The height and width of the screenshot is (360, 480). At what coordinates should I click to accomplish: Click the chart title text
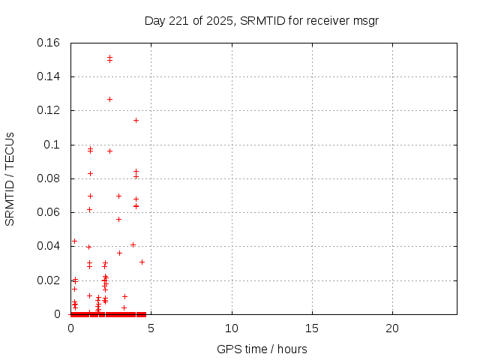point(261,20)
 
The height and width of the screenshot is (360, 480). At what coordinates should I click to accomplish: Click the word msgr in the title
point(364,20)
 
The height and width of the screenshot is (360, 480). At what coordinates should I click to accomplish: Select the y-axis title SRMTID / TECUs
point(10,178)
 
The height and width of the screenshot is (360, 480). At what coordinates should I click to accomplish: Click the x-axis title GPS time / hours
point(261,349)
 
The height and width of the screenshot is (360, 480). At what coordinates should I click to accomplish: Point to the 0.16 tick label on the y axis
point(49,43)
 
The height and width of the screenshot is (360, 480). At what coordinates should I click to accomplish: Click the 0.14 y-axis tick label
point(49,76)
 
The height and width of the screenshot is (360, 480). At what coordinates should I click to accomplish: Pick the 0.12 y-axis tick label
point(49,110)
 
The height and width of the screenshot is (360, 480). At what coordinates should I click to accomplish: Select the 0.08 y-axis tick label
point(49,178)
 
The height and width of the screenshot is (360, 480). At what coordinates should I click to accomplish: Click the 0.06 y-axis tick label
point(49,212)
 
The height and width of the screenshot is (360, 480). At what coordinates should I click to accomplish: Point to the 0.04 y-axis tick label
point(49,246)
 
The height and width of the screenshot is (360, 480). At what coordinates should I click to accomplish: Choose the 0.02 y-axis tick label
point(49,280)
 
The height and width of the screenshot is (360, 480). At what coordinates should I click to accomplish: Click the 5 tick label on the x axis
point(151,328)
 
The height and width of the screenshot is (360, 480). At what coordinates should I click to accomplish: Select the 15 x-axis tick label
point(312,328)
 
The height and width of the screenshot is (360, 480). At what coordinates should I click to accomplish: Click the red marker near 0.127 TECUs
point(109,99)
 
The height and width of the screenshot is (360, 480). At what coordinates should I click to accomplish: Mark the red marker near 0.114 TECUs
point(136,120)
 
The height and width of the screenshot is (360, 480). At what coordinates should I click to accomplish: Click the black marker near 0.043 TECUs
point(74,241)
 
